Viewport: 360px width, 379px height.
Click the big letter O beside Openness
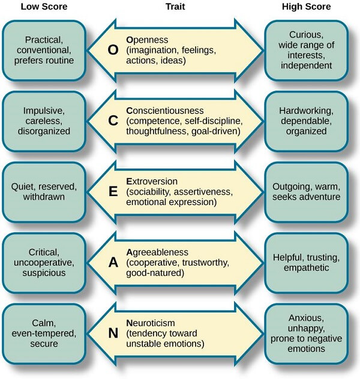point(112,50)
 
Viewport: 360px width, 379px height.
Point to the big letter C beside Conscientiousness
point(112,121)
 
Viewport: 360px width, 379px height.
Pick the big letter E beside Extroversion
point(112,191)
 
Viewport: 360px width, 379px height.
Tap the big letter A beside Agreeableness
point(112,262)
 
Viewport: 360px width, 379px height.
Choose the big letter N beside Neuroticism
point(112,333)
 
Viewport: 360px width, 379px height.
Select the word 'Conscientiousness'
point(165,111)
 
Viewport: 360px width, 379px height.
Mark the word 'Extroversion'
point(152,181)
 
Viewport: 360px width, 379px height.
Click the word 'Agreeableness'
point(157,252)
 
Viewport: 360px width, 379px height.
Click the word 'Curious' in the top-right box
point(306,34)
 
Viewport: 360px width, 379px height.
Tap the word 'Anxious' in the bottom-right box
point(306,318)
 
